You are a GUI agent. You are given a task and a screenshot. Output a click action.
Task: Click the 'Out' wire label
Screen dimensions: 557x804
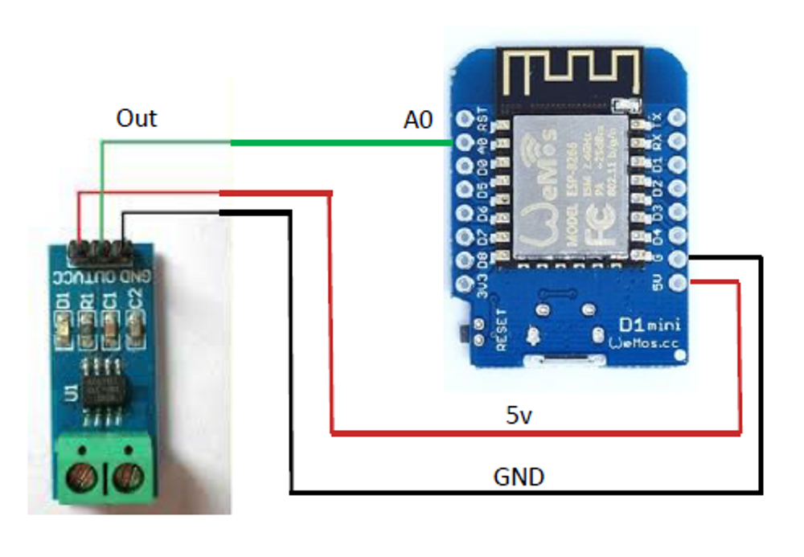coord(137,118)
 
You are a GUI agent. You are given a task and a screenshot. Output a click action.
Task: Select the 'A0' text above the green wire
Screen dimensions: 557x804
coord(417,121)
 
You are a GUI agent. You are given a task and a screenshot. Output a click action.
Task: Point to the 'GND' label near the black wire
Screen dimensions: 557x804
coord(518,477)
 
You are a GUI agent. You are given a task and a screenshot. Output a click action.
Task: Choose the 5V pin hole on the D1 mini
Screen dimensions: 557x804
coord(675,282)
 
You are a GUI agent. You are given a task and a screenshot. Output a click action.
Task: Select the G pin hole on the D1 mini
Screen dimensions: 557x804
coord(675,259)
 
